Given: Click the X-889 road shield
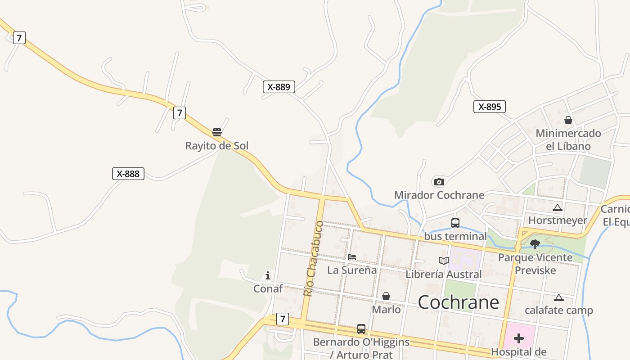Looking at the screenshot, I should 279,87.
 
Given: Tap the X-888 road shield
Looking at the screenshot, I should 128,174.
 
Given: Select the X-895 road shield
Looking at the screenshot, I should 490,107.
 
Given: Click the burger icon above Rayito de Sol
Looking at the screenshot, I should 217,132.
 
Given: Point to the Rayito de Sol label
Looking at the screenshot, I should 217,146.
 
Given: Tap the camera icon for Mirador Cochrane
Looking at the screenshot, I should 439,182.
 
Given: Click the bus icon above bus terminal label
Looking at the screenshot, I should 455,223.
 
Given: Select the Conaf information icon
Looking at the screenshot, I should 268,275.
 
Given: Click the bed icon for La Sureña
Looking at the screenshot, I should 352,257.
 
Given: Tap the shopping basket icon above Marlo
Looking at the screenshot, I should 386,296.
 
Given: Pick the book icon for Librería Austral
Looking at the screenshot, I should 444,261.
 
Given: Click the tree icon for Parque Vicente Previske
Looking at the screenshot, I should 535,244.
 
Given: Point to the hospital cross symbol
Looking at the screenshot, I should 519,338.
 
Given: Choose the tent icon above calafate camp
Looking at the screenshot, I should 558,297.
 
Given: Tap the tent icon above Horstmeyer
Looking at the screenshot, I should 558,207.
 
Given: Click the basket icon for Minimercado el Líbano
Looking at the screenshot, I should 568,120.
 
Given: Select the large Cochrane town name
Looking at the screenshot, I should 459,302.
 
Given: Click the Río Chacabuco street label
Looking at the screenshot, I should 313,258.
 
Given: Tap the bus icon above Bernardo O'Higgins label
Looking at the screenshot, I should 361,329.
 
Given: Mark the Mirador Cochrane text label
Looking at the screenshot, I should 439,195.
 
